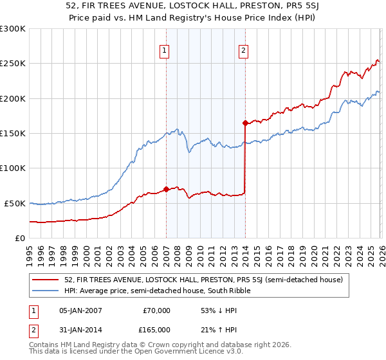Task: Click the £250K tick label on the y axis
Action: point(13,64)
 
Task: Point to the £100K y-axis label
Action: point(13,168)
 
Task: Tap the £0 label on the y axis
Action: point(20,238)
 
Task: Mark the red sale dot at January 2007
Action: point(166,189)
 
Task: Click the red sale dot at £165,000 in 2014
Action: point(245,123)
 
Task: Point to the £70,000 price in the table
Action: point(156,310)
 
